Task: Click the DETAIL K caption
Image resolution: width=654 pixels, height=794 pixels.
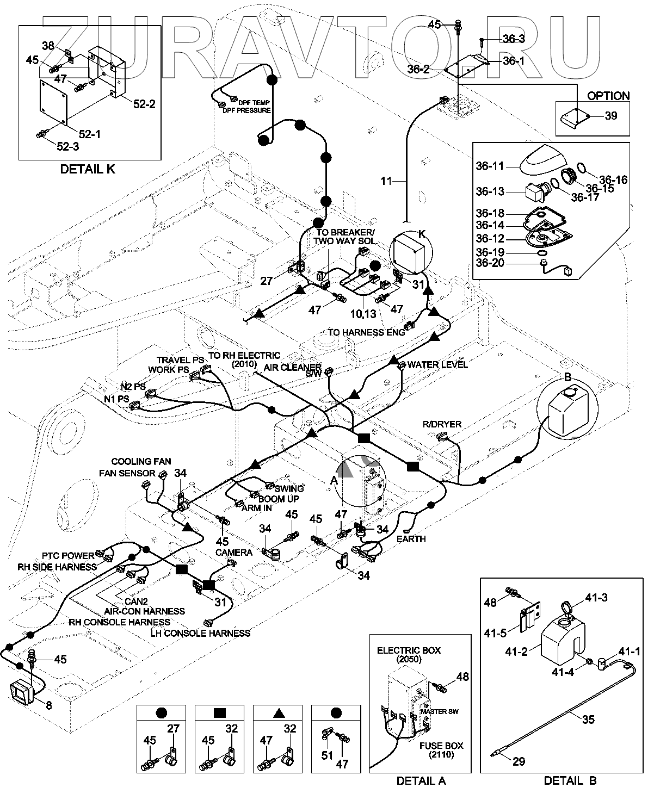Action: point(88,169)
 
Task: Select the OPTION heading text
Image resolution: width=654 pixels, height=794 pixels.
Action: point(608,96)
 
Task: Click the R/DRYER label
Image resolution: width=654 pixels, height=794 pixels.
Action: point(442,424)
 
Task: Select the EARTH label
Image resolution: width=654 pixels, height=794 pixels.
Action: point(411,539)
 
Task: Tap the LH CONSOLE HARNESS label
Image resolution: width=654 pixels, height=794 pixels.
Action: point(202,633)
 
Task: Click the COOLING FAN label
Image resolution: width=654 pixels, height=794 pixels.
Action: point(141,462)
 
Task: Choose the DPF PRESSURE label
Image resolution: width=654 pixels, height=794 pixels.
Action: point(246,111)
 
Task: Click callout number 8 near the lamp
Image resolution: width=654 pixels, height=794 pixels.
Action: point(48,705)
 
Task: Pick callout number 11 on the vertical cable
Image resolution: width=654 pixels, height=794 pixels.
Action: point(386,181)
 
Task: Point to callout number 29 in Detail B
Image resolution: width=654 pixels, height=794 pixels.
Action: point(519,761)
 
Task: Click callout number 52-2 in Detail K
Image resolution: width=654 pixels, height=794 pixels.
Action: point(144,103)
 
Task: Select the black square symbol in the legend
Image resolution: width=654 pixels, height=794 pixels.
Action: point(220,712)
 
